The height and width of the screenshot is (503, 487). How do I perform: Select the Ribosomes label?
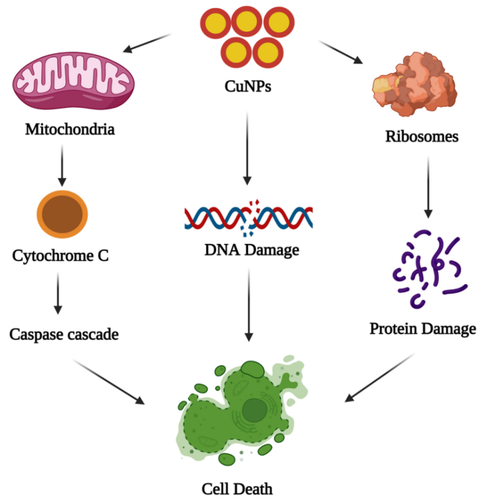tap(421, 136)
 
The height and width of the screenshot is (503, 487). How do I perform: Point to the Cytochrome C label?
tap(61, 257)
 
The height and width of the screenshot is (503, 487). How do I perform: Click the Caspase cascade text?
tap(64, 334)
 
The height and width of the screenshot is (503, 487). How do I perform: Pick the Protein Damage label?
tap(422, 329)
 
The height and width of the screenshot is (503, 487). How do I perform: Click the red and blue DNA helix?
tap(248, 216)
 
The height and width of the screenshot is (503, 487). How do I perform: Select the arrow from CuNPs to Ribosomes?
tap(340, 52)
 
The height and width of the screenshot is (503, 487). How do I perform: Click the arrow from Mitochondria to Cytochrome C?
tap(61, 166)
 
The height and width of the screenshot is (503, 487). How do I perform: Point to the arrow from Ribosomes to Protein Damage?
tap(428, 185)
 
